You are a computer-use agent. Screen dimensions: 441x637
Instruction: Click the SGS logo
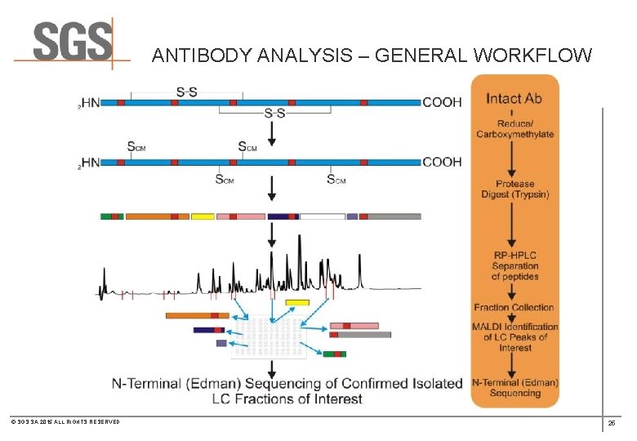72,42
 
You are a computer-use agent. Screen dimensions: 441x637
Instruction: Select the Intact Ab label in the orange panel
514,98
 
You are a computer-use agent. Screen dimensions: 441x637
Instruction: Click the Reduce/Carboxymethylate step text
514,128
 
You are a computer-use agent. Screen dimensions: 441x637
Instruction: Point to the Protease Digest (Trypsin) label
514,189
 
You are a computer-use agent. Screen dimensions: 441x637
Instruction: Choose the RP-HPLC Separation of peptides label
514,265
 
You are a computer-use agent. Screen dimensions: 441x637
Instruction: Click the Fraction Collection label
514,308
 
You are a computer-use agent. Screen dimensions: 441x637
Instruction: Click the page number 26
611,423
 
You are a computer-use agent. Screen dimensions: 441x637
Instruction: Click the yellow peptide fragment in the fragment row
203,216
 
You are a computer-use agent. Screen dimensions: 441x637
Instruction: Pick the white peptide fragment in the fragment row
322,216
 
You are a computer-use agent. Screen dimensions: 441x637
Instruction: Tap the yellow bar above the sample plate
297,303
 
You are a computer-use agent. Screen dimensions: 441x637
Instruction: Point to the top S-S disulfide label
186,91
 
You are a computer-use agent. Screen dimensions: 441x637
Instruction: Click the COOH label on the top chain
442,103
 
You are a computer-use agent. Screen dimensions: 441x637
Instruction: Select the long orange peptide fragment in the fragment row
157,216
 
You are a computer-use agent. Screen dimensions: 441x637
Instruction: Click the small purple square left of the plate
221,343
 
